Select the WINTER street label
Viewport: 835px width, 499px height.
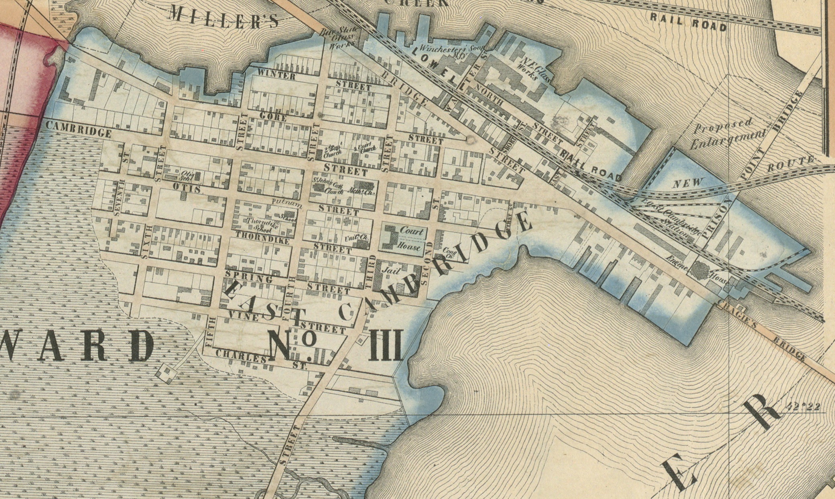277,75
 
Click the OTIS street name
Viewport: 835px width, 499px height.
187,188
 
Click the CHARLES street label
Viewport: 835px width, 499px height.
241,357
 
